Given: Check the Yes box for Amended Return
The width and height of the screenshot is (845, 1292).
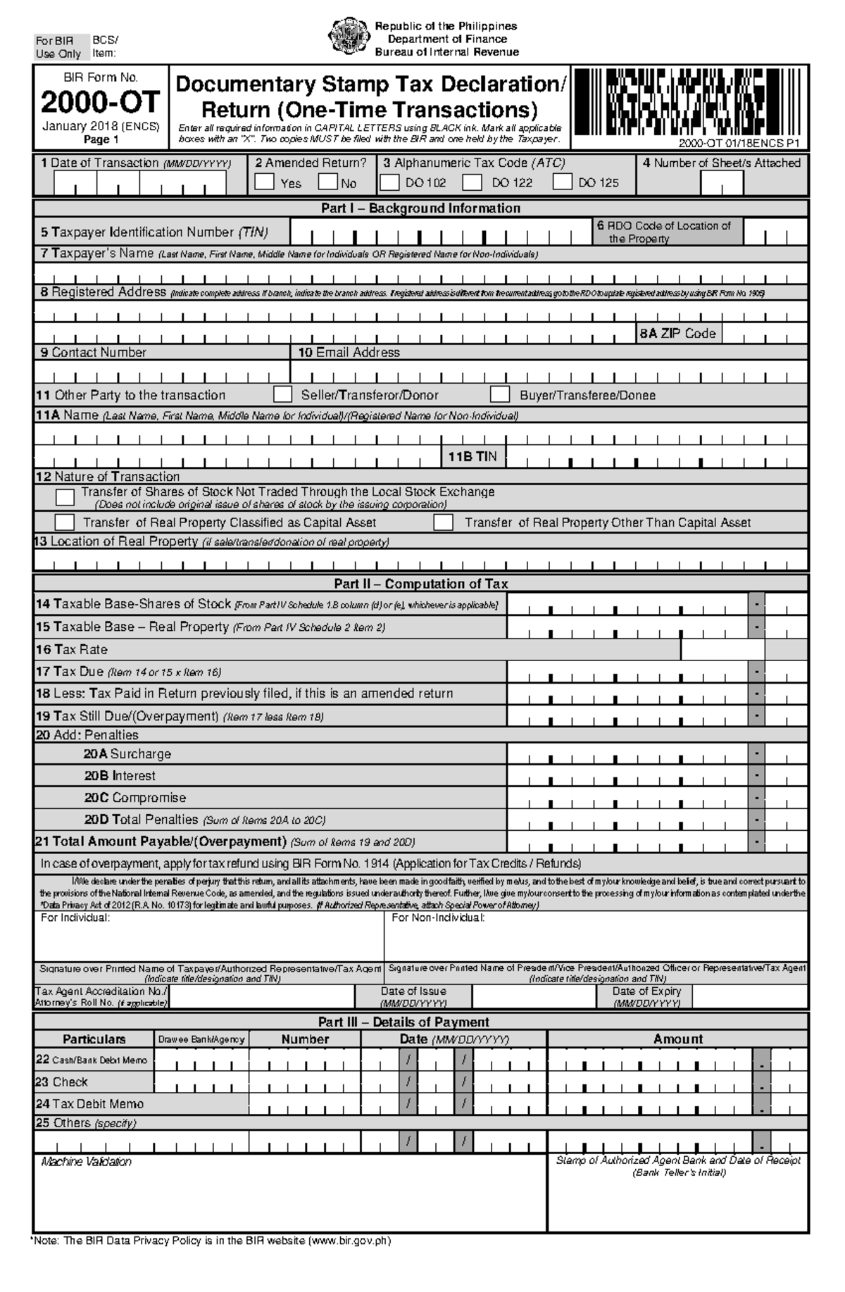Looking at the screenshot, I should (x=264, y=182).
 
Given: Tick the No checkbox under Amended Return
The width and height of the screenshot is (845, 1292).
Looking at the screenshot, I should (x=327, y=182).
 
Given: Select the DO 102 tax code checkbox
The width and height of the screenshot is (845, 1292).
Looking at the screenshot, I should (x=389, y=182).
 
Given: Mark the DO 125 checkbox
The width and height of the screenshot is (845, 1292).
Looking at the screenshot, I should (x=562, y=182).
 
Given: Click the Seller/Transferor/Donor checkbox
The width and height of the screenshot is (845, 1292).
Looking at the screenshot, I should (x=282, y=394).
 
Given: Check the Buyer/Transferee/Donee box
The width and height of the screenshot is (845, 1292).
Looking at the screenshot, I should (x=500, y=394).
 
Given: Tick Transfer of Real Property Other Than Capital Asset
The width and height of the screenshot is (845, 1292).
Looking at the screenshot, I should (x=443, y=522).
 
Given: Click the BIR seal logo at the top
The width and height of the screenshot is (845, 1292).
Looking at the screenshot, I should (x=349, y=38).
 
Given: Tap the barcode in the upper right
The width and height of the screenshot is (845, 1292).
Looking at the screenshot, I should (x=689, y=102).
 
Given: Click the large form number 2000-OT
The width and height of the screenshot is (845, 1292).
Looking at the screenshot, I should (x=101, y=103).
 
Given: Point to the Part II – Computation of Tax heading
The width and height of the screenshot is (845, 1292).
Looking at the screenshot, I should (x=420, y=584).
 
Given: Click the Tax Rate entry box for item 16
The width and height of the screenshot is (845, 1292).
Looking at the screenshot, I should (x=722, y=649).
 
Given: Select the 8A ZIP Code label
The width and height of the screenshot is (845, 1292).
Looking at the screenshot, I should (x=677, y=334).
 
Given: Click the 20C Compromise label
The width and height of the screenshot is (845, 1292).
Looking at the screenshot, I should (x=135, y=798).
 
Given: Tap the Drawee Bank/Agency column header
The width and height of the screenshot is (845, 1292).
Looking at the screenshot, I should (x=201, y=1039).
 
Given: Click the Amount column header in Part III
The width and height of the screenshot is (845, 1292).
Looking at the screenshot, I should (x=677, y=1039).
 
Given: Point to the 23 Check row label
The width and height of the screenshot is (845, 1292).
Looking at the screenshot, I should (x=62, y=1082).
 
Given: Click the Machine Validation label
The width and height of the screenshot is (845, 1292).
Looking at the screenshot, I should (x=86, y=1162).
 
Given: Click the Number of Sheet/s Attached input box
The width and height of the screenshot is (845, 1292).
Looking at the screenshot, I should (x=721, y=183).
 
